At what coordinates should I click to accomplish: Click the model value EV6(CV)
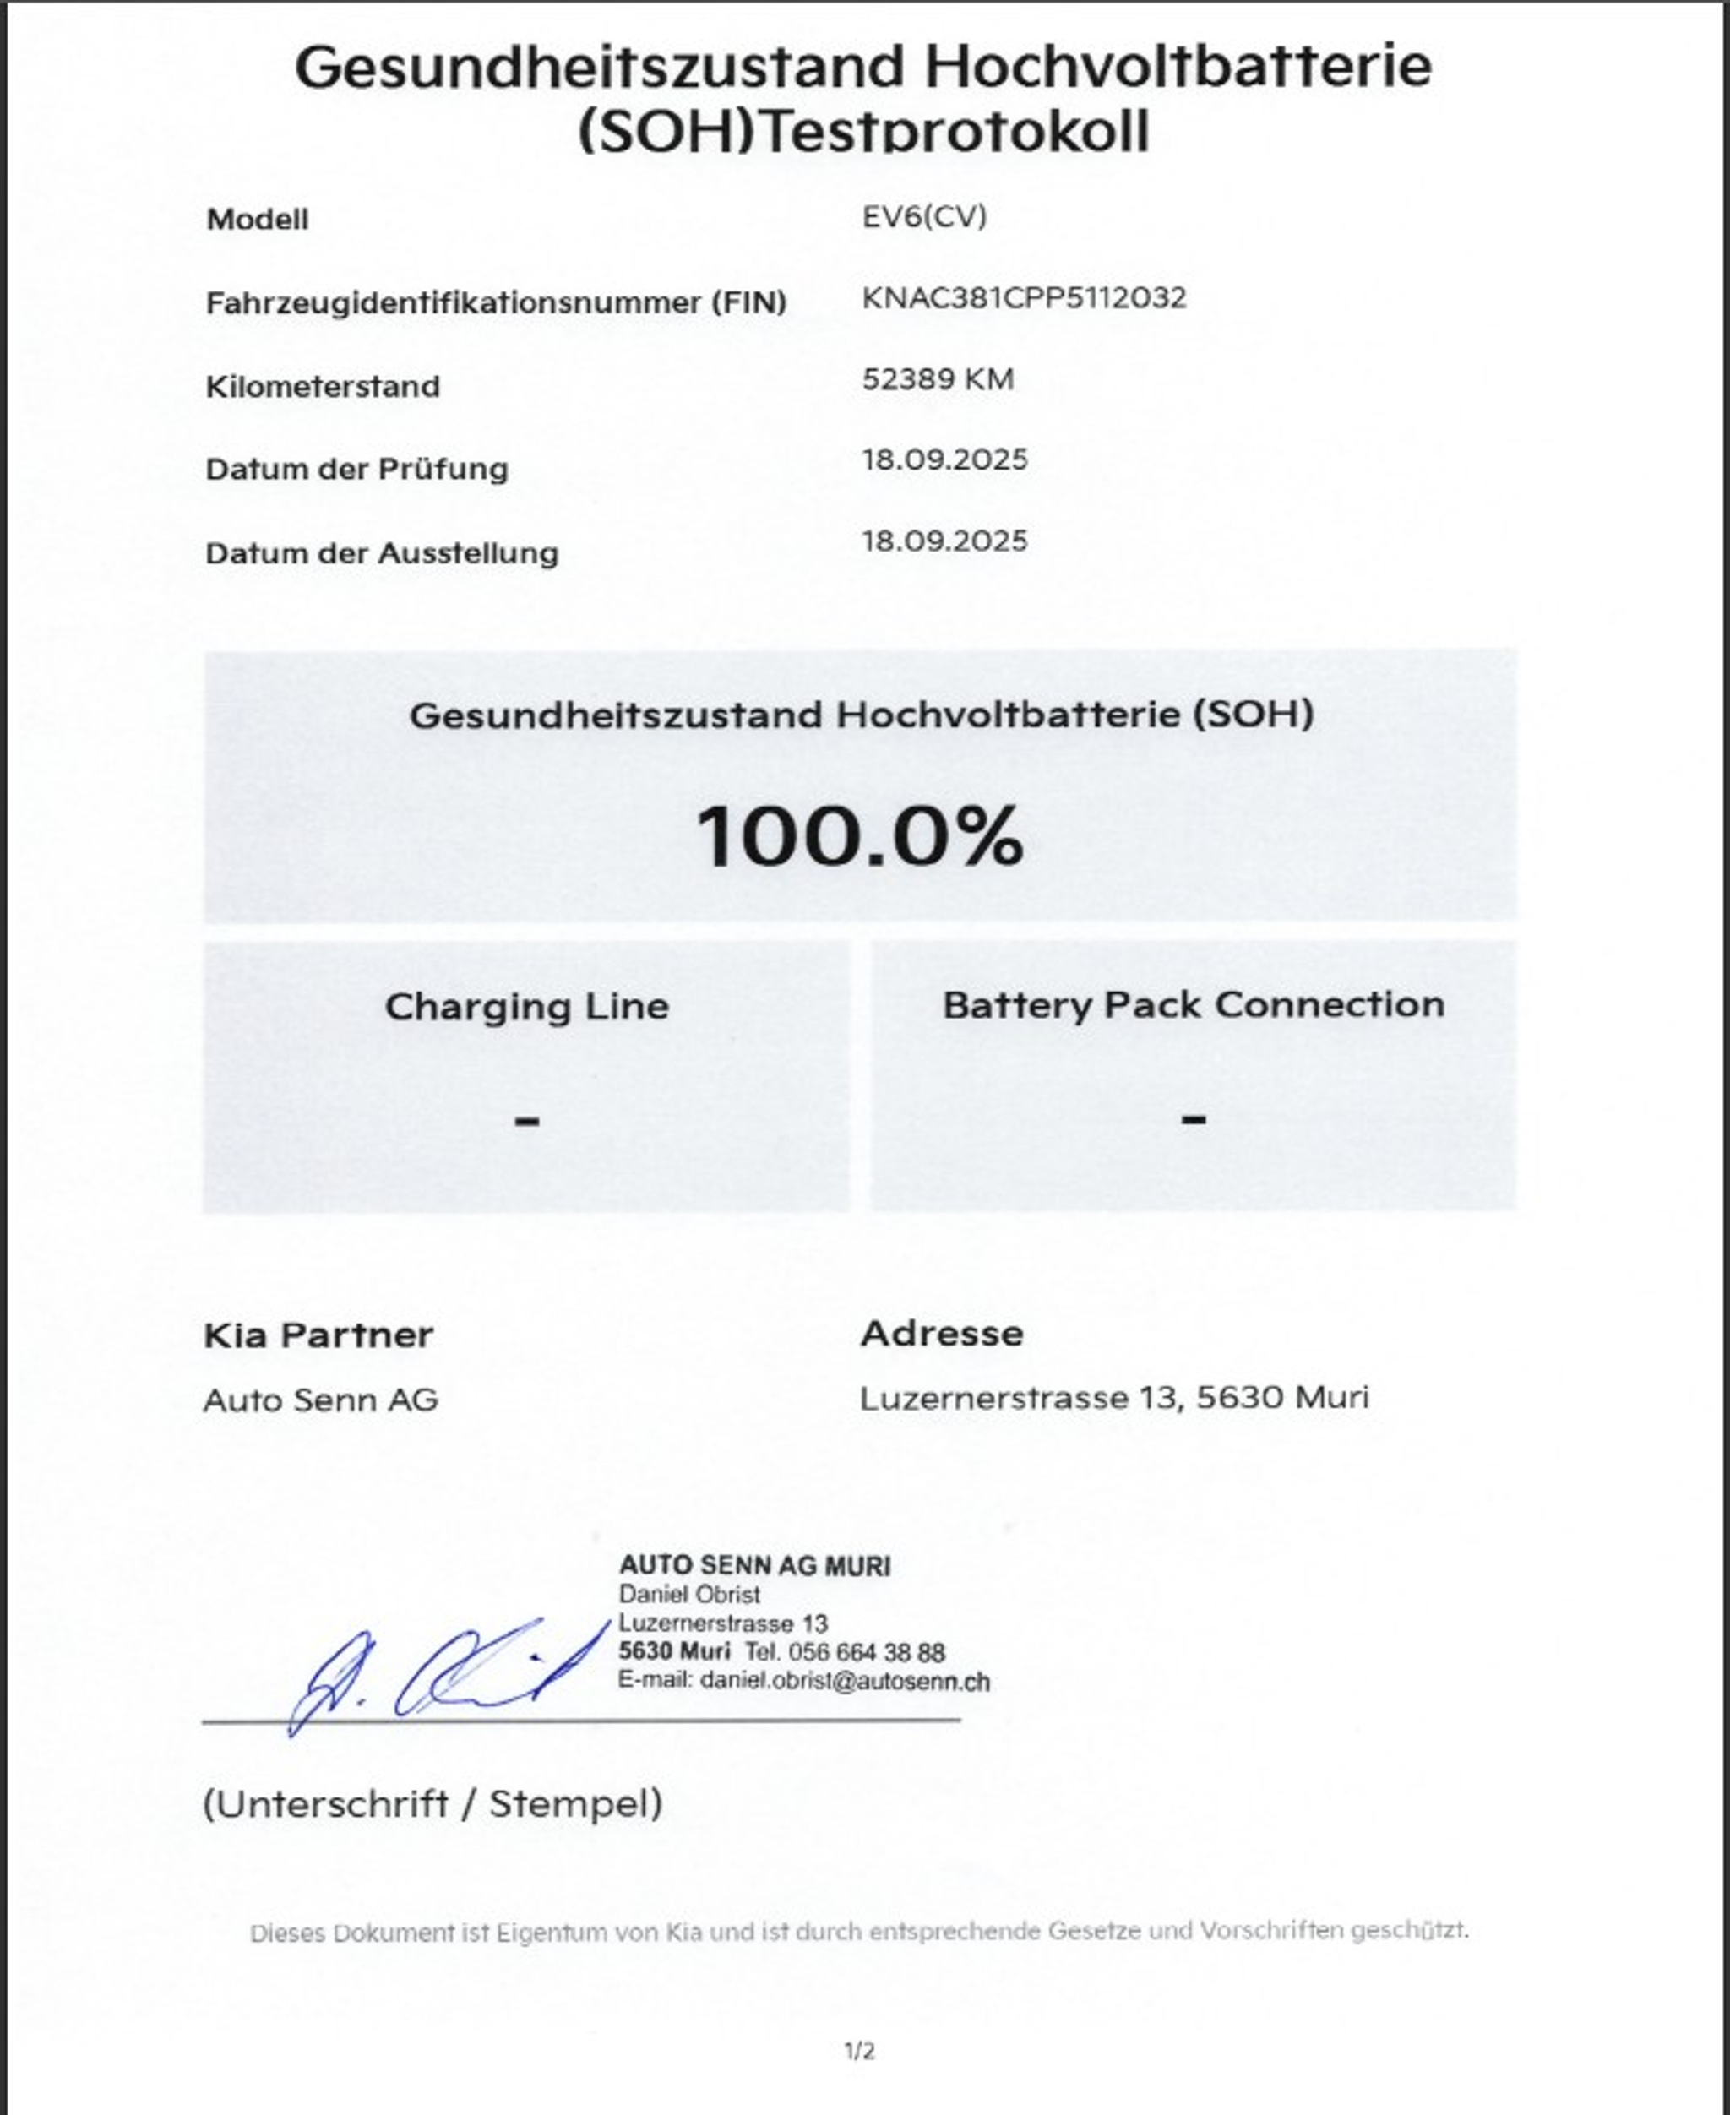tap(924, 216)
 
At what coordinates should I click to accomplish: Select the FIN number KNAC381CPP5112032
tap(1024, 298)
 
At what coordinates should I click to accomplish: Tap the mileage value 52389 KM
tap(937, 379)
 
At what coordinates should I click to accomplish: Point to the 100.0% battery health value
tap(859, 836)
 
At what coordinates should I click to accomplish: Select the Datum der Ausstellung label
tap(381, 553)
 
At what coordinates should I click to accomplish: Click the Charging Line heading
tap(526, 1006)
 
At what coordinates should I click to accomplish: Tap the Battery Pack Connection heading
tap(1193, 1004)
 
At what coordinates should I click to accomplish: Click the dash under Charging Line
tap(526, 1121)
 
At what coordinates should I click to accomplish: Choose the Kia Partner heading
tap(318, 1335)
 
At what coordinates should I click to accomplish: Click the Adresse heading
tap(942, 1333)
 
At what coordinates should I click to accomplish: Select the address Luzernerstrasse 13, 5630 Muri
tap(1113, 1397)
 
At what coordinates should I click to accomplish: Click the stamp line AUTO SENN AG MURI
tap(754, 1566)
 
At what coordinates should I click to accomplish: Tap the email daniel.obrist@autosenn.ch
tap(844, 1682)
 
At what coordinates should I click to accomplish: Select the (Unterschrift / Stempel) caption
tap(432, 1803)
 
